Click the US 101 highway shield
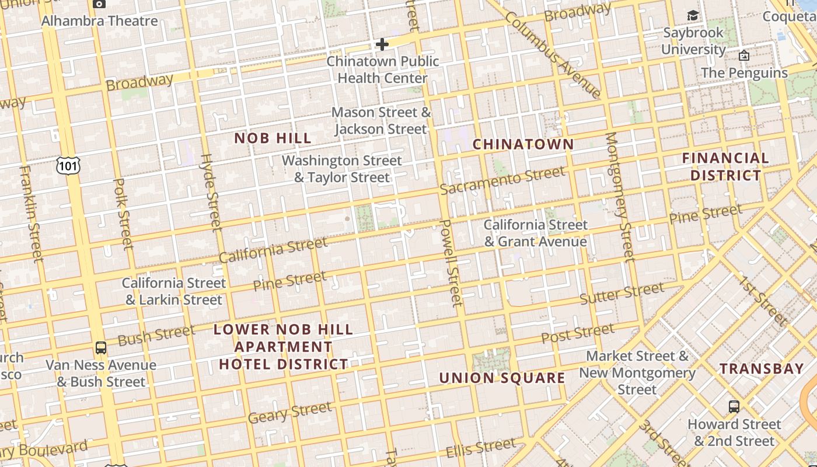coord(68,166)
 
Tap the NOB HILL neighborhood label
coord(273,138)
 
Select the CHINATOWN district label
coord(523,144)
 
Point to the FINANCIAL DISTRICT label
coord(725,166)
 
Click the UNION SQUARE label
coord(502,378)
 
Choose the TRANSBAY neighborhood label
coord(762,369)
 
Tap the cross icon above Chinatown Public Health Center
coord(382,44)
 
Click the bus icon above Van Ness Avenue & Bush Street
coord(101,348)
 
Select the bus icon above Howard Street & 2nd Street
coord(734,407)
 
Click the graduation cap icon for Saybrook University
coord(693,16)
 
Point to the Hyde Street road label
coord(211,191)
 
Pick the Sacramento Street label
coord(502,180)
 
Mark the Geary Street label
coord(289,413)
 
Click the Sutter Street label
coord(622,293)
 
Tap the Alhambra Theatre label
coord(100,21)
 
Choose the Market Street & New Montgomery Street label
coord(637,372)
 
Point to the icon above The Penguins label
coord(744,56)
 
